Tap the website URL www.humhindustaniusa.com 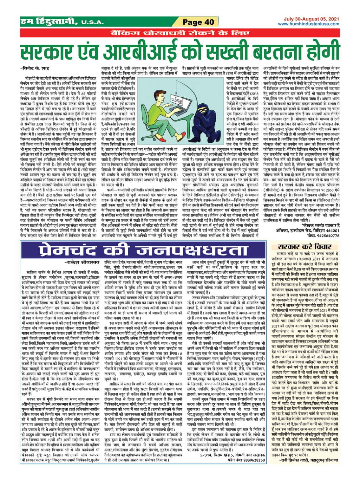[308, 24]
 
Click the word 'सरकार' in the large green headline [54, 52]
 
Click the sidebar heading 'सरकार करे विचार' [304, 247]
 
